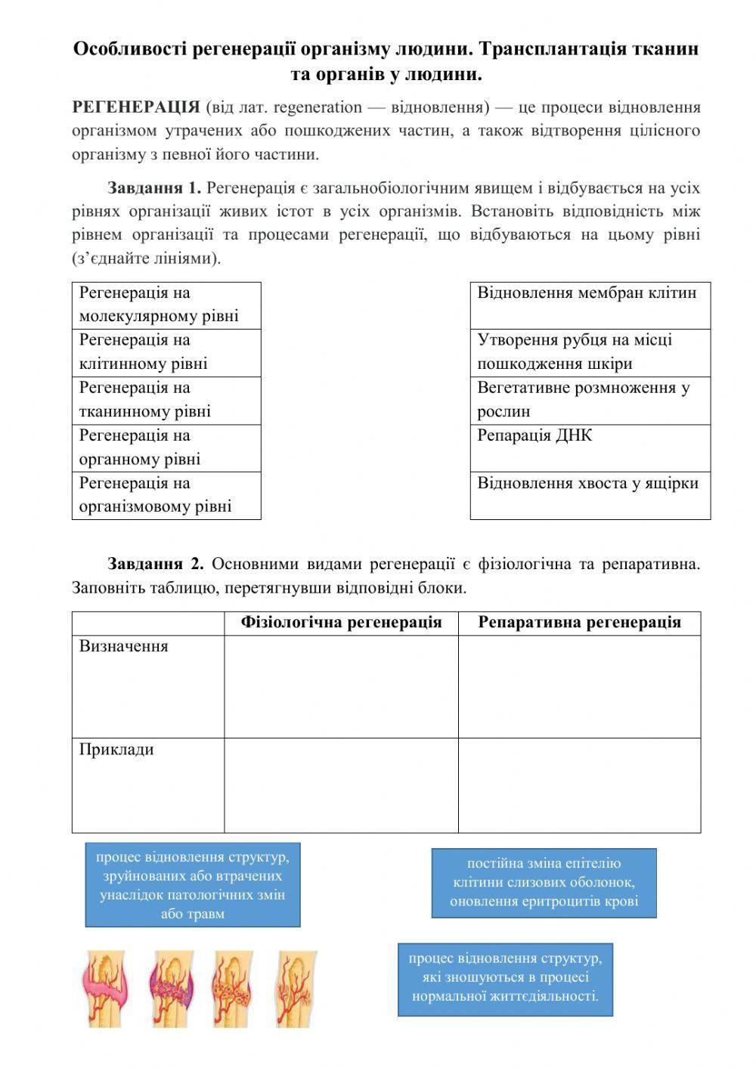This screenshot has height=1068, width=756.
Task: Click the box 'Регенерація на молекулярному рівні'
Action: [x=166, y=305]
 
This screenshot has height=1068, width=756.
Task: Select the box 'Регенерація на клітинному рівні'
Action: [x=166, y=352]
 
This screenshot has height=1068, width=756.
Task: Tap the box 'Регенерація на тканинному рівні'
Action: [x=166, y=400]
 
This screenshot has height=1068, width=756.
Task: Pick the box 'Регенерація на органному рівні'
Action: [x=166, y=447]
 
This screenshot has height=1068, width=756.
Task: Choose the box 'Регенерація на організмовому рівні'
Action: [x=166, y=495]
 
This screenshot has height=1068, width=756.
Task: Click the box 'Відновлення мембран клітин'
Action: [x=590, y=305]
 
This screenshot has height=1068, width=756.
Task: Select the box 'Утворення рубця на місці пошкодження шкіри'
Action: [x=590, y=352]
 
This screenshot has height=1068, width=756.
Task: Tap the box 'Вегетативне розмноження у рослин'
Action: [x=590, y=400]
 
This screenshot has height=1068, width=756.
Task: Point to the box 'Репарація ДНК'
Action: [x=590, y=447]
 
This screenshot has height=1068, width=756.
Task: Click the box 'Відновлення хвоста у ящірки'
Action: [x=590, y=495]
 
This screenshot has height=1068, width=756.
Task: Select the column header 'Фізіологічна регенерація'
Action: [x=341, y=623]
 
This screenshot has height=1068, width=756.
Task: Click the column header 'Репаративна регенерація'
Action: [x=579, y=623]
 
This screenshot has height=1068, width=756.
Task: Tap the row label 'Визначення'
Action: [x=124, y=647]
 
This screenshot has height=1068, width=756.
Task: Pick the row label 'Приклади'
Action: [x=116, y=750]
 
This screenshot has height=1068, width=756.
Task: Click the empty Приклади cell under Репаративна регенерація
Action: [x=579, y=785]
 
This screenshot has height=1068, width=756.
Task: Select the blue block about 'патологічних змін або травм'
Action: [x=192, y=885]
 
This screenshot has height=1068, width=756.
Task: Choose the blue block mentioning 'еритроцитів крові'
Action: [x=544, y=883]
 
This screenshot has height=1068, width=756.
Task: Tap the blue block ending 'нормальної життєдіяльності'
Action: [x=505, y=979]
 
